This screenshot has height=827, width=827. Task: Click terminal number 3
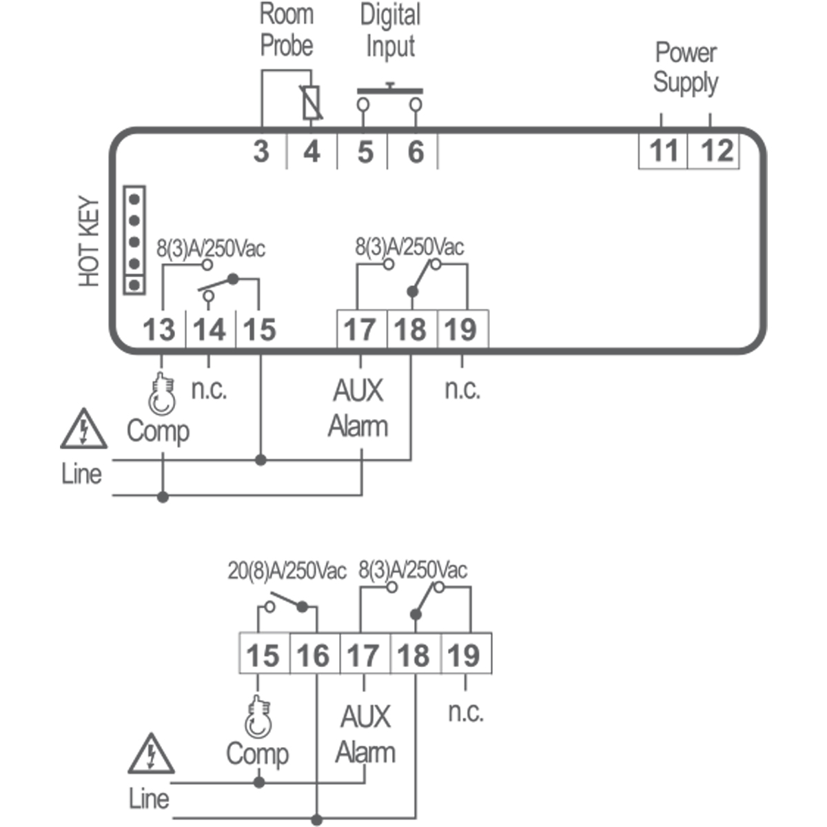261,151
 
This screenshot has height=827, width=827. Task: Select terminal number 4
312,151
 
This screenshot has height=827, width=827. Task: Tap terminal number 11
664,151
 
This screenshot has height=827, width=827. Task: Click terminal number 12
715,151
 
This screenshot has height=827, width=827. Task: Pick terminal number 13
159,330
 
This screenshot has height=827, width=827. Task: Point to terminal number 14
210,330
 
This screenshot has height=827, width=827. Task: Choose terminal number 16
314,655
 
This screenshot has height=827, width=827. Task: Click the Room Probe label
287,30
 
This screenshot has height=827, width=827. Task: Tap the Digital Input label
390,32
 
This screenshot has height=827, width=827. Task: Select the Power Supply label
686,68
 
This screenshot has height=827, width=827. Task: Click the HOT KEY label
90,243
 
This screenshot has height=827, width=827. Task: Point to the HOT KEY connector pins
134,240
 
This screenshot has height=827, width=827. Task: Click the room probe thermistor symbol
312,103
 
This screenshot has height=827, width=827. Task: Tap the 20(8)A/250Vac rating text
287,571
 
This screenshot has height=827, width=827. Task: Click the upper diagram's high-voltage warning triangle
83,429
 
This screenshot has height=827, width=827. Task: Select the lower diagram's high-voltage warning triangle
151,755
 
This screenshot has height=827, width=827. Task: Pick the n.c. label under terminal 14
210,390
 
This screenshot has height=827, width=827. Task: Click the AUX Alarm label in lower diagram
365,735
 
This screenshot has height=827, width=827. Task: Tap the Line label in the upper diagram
81,474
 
